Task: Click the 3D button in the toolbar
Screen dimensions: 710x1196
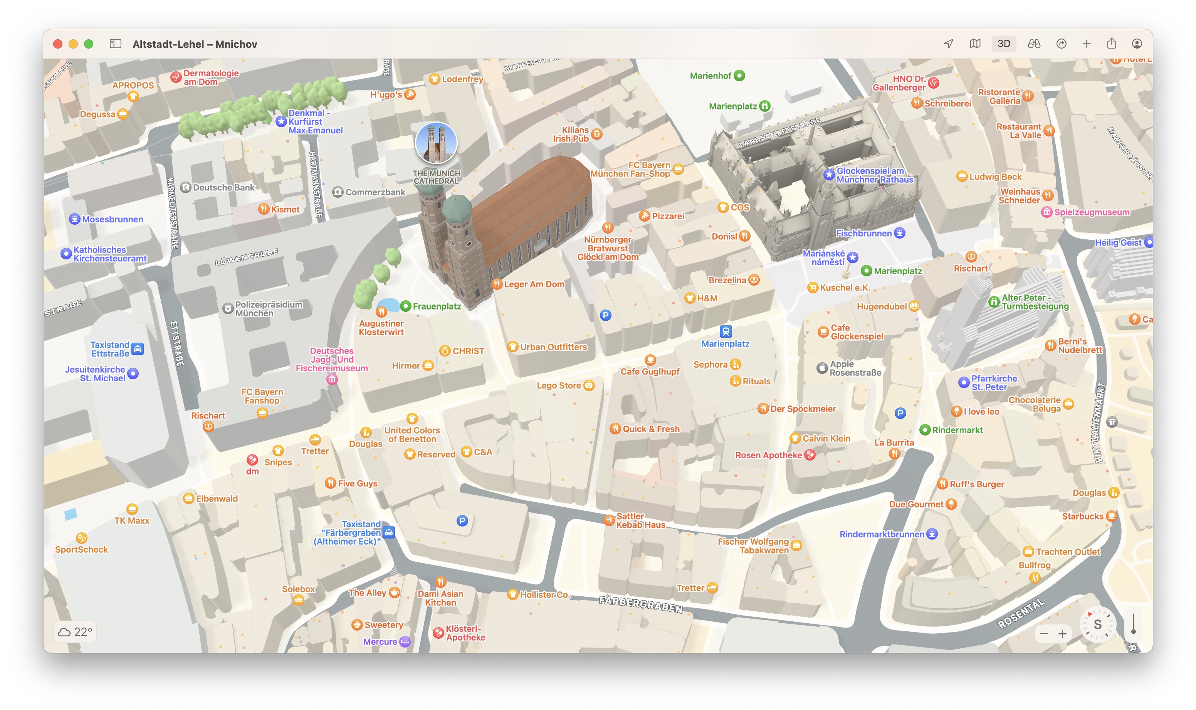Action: [1003, 44]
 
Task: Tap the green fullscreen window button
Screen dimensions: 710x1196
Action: [89, 44]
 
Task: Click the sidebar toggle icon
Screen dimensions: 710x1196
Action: [115, 44]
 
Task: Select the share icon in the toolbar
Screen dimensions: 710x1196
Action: [1111, 44]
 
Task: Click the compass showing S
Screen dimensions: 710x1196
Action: [1097, 624]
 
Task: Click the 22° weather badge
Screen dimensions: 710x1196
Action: [75, 632]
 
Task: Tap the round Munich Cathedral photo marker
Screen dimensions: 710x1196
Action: [436, 143]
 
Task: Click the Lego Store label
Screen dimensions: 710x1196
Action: [559, 385]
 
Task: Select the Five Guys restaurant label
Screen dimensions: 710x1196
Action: [357, 483]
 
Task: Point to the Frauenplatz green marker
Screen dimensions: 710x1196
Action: [405, 306]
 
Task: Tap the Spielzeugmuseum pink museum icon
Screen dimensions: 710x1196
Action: [1046, 212]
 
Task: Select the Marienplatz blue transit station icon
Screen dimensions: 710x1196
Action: [726, 331]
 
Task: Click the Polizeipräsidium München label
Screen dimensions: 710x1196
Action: [268, 309]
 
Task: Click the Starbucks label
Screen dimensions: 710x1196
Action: [1082, 516]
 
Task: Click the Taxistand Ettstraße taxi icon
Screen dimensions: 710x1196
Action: [137, 349]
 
